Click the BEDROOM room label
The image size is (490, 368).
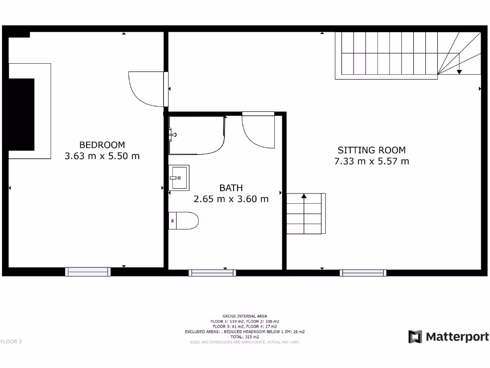tap(102, 145)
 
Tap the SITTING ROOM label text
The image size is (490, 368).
tap(371, 150)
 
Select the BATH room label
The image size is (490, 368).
tap(231, 188)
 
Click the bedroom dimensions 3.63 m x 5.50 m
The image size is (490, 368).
tap(102, 156)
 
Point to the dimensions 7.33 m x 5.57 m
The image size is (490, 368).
tap(371, 161)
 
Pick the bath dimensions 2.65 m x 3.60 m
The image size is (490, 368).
tap(231, 199)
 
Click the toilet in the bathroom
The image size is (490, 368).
tap(184, 220)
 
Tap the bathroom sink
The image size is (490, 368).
tap(179, 177)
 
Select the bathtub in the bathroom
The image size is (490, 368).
tap(197, 135)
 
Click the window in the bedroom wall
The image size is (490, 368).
tap(88, 272)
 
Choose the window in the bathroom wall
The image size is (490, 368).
tap(212, 273)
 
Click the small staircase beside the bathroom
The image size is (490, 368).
tap(306, 213)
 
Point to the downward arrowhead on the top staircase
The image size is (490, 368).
tap(459, 72)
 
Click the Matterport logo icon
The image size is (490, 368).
tap(415, 337)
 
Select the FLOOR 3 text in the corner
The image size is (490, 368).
tap(11, 342)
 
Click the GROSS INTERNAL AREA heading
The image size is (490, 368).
tap(245, 316)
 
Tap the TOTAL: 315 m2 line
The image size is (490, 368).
tap(245, 337)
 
